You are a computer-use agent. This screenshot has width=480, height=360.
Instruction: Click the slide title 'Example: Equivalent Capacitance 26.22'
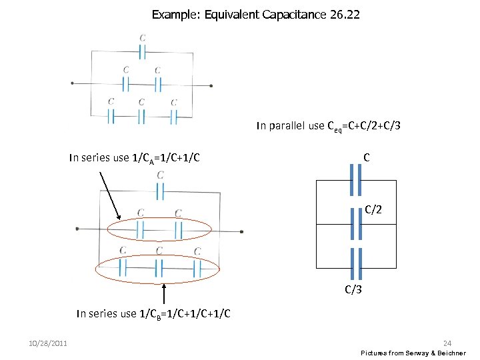click(255, 14)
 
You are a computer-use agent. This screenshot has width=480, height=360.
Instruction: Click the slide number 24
click(456, 343)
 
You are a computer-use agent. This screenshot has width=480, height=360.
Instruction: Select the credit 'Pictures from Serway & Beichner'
click(413, 353)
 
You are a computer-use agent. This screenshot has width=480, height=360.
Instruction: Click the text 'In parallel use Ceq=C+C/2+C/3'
click(329, 125)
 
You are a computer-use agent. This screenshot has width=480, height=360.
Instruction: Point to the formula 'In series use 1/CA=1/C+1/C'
click(135, 158)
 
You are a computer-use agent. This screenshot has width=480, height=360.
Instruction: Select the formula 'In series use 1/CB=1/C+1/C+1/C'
click(154, 313)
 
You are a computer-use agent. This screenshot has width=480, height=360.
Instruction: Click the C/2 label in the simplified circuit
click(373, 211)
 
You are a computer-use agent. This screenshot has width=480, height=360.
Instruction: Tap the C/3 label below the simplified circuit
click(354, 289)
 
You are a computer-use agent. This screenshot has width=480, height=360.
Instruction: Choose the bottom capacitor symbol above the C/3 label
click(356, 263)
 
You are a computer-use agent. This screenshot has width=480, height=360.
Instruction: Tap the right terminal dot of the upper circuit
click(211, 85)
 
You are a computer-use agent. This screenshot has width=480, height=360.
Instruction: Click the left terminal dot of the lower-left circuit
click(77, 229)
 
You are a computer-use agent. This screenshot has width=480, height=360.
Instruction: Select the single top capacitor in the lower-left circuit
click(160, 191)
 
